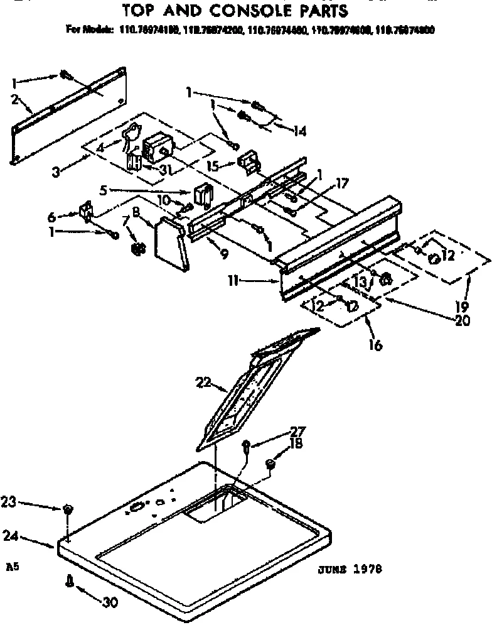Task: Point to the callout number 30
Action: coord(110,602)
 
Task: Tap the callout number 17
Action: coord(341,185)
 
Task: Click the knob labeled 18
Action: coord(271,465)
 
